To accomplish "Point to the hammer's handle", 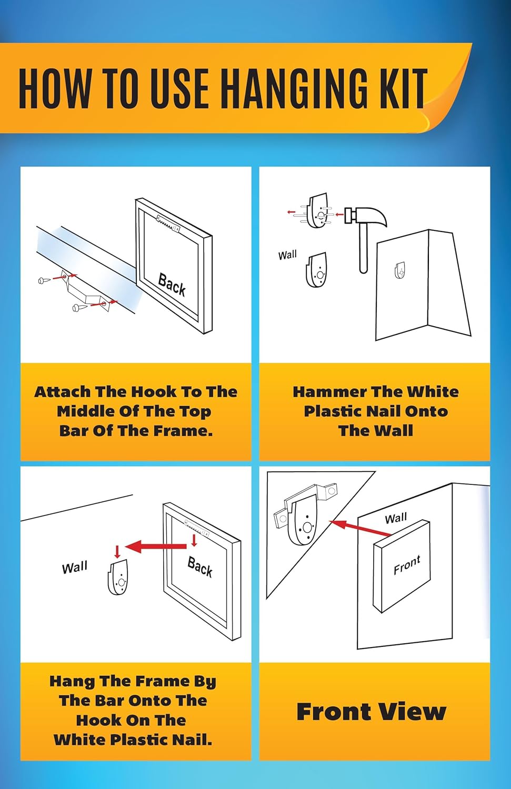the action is (x=364, y=249).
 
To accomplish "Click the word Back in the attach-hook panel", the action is (x=172, y=285).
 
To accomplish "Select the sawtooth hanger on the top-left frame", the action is (x=168, y=224).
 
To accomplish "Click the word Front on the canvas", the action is (x=407, y=564).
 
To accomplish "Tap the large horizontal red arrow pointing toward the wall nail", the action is (x=156, y=547).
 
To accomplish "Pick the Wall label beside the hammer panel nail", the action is (x=287, y=255).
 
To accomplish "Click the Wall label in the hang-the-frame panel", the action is (x=74, y=568).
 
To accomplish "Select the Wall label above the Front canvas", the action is (x=396, y=518).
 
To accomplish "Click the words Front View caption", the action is (x=372, y=711).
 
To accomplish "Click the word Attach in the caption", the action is (x=63, y=392).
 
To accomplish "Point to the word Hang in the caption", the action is (x=72, y=681).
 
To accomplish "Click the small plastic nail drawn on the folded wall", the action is (x=399, y=270).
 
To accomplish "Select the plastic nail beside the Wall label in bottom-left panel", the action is (x=118, y=577).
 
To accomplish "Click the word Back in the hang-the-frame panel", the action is (x=199, y=567).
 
